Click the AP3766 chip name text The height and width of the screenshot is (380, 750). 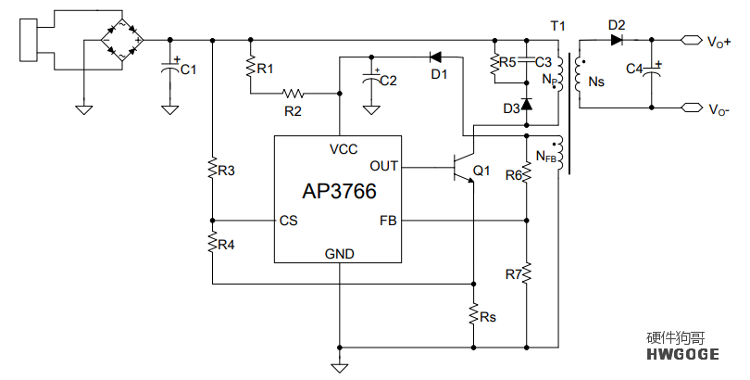[x=339, y=192]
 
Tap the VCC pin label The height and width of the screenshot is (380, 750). [x=344, y=149]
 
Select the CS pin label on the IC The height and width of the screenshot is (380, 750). [x=288, y=221]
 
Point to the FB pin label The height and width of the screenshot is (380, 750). [x=388, y=221]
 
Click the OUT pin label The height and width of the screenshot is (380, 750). [x=383, y=166]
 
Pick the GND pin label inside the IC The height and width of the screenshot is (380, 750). [x=340, y=254]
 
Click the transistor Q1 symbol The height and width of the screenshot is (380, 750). [x=463, y=168]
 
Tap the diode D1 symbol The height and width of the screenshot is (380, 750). [x=435, y=57]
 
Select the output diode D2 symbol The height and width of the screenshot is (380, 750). [x=617, y=40]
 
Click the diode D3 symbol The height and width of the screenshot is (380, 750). [x=527, y=104]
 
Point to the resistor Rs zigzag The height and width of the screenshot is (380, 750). [x=473, y=314]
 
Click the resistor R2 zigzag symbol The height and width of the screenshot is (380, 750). [x=293, y=94]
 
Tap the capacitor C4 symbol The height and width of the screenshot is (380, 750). [x=652, y=70]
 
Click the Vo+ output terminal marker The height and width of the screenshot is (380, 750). [x=691, y=41]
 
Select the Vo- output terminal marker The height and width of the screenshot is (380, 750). [x=691, y=108]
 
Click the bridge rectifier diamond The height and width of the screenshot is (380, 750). [x=122, y=40]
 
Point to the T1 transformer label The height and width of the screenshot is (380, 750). [x=557, y=26]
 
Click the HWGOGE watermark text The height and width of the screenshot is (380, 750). [x=682, y=354]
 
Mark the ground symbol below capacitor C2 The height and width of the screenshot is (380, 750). [x=371, y=110]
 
